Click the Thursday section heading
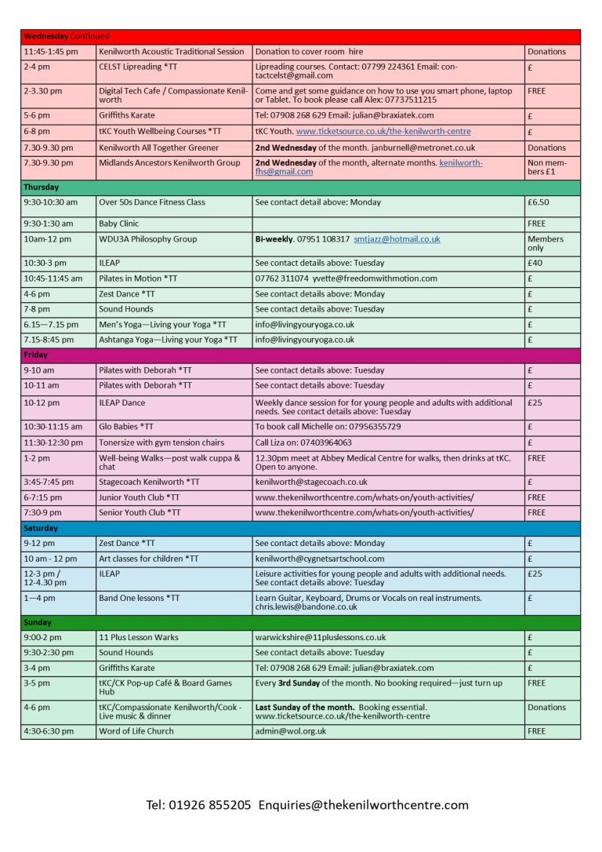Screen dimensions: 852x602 click(x=41, y=188)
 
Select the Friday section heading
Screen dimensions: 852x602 click(x=36, y=355)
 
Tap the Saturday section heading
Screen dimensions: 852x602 click(x=42, y=528)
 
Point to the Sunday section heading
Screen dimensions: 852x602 click(x=38, y=622)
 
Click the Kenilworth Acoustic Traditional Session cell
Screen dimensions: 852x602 click(x=172, y=52)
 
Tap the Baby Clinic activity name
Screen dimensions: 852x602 click(x=119, y=224)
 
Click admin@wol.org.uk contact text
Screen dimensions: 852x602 click(x=291, y=730)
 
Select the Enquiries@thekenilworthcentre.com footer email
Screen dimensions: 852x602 click(x=364, y=805)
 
